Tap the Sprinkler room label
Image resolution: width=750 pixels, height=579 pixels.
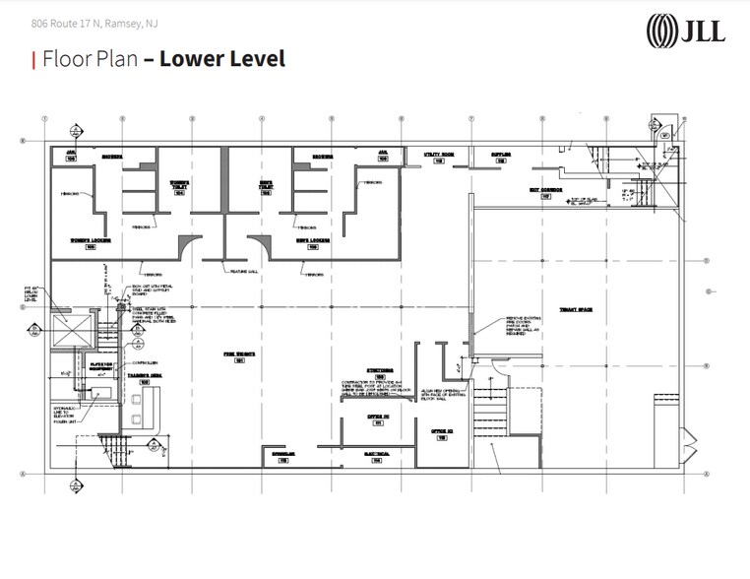point(281,456)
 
